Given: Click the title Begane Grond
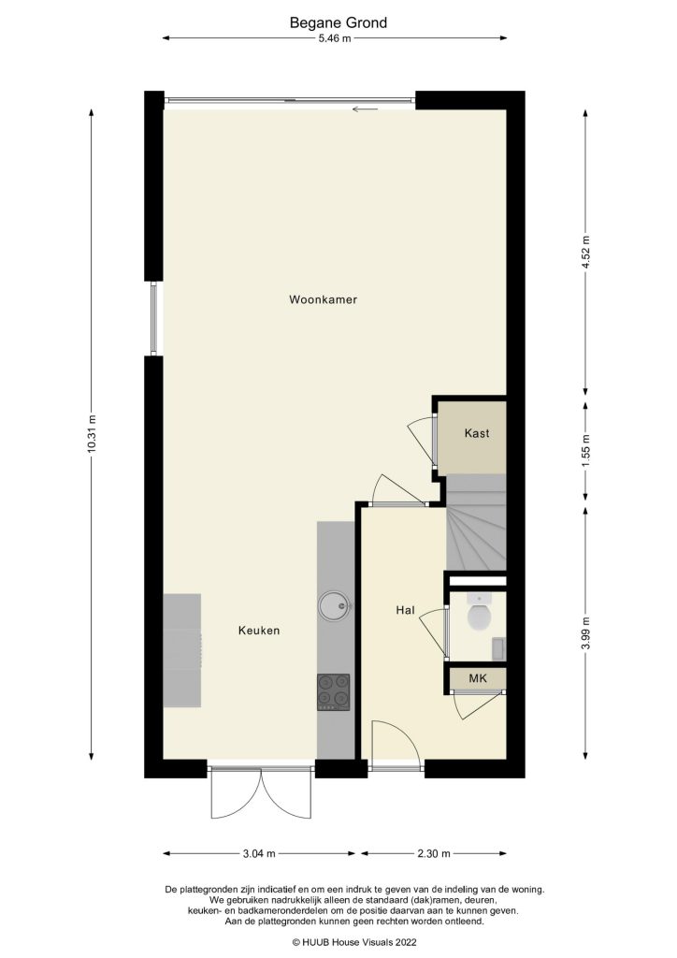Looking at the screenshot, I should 338,22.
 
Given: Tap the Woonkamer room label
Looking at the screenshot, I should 324,300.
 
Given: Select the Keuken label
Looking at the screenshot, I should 259,631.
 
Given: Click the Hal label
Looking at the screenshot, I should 405,610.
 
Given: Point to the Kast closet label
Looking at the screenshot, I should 477,433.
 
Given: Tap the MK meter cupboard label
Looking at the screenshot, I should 478,677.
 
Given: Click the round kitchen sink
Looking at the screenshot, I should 333,606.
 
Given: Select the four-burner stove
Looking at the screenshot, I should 333,692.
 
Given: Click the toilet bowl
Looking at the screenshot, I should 479,617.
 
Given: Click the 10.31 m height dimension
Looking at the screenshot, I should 91,435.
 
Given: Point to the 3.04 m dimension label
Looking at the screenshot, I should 258,853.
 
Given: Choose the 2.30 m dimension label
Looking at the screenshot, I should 434,853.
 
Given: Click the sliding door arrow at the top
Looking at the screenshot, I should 365,109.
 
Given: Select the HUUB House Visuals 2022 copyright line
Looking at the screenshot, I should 338,942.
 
